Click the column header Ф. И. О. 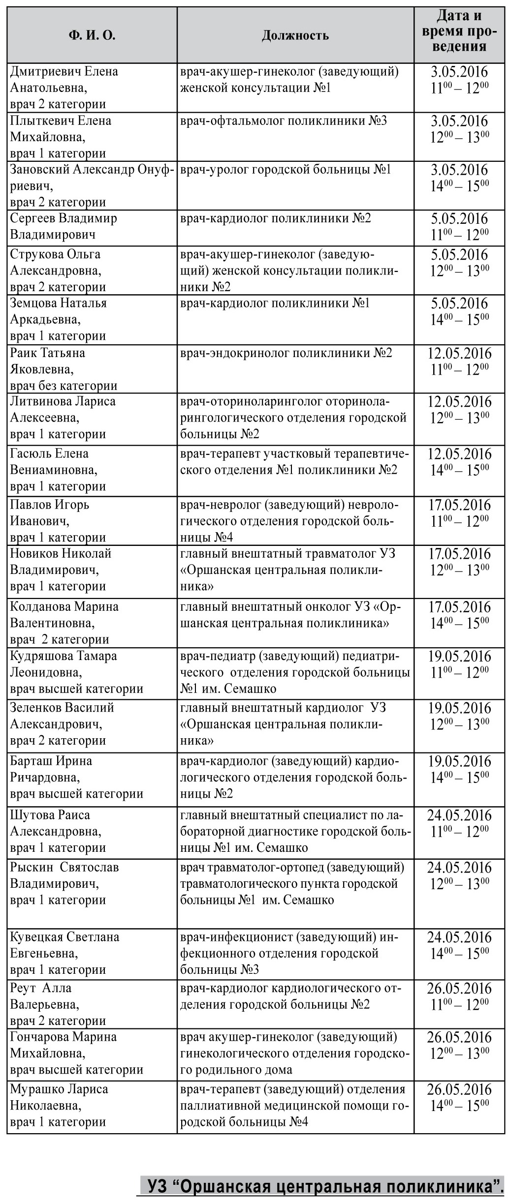[92, 35]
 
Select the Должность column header [295, 35]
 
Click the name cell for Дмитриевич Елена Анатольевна [92, 88]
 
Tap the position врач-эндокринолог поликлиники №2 [286, 353]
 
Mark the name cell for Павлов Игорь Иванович [92, 521]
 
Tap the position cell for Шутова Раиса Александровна [295, 831]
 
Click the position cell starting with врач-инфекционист [295, 953]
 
